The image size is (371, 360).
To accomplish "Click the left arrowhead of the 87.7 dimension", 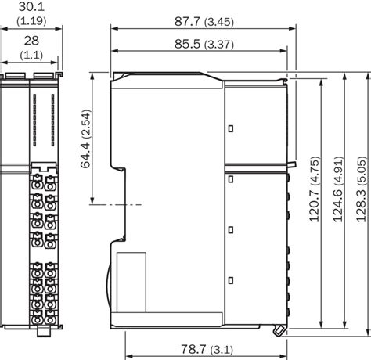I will pyautogui.click(x=115, y=27).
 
